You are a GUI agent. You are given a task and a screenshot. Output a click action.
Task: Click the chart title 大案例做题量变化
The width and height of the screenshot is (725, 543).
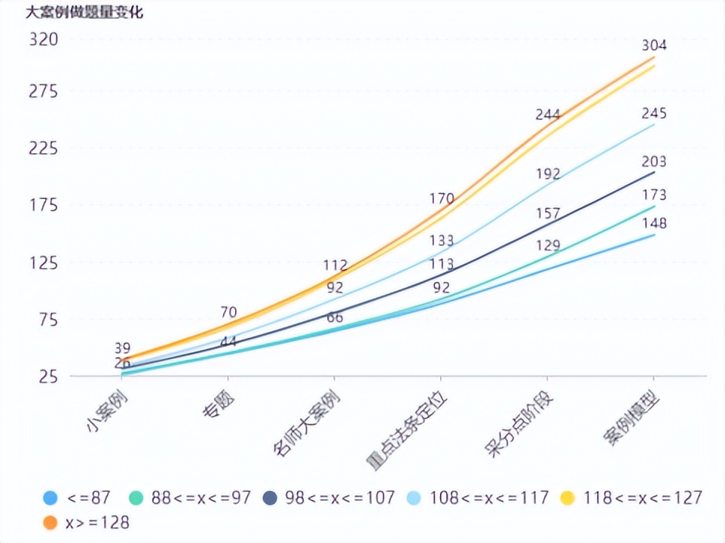[84, 12]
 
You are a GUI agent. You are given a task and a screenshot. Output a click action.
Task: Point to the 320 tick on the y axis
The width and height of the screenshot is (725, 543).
[44, 39]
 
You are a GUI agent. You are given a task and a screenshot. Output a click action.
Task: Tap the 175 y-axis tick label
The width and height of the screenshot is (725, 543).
[44, 205]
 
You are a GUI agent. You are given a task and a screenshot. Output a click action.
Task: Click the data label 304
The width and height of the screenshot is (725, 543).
[653, 45]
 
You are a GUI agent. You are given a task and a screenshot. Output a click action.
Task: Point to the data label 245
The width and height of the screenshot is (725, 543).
[653, 113]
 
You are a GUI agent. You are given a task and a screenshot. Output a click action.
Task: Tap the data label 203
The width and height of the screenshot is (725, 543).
[653, 161]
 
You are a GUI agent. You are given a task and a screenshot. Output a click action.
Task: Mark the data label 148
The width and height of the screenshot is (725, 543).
[653, 223]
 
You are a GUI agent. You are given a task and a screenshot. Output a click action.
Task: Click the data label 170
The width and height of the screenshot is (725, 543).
[441, 199]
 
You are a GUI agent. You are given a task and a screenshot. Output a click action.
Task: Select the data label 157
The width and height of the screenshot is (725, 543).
[547, 213]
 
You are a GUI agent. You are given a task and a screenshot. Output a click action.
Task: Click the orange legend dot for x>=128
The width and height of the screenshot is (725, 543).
[51, 522]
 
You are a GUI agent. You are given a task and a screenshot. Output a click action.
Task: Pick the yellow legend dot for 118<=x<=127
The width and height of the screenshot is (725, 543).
[571, 498]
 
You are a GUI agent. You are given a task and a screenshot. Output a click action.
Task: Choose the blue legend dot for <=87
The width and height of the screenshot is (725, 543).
[51, 498]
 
